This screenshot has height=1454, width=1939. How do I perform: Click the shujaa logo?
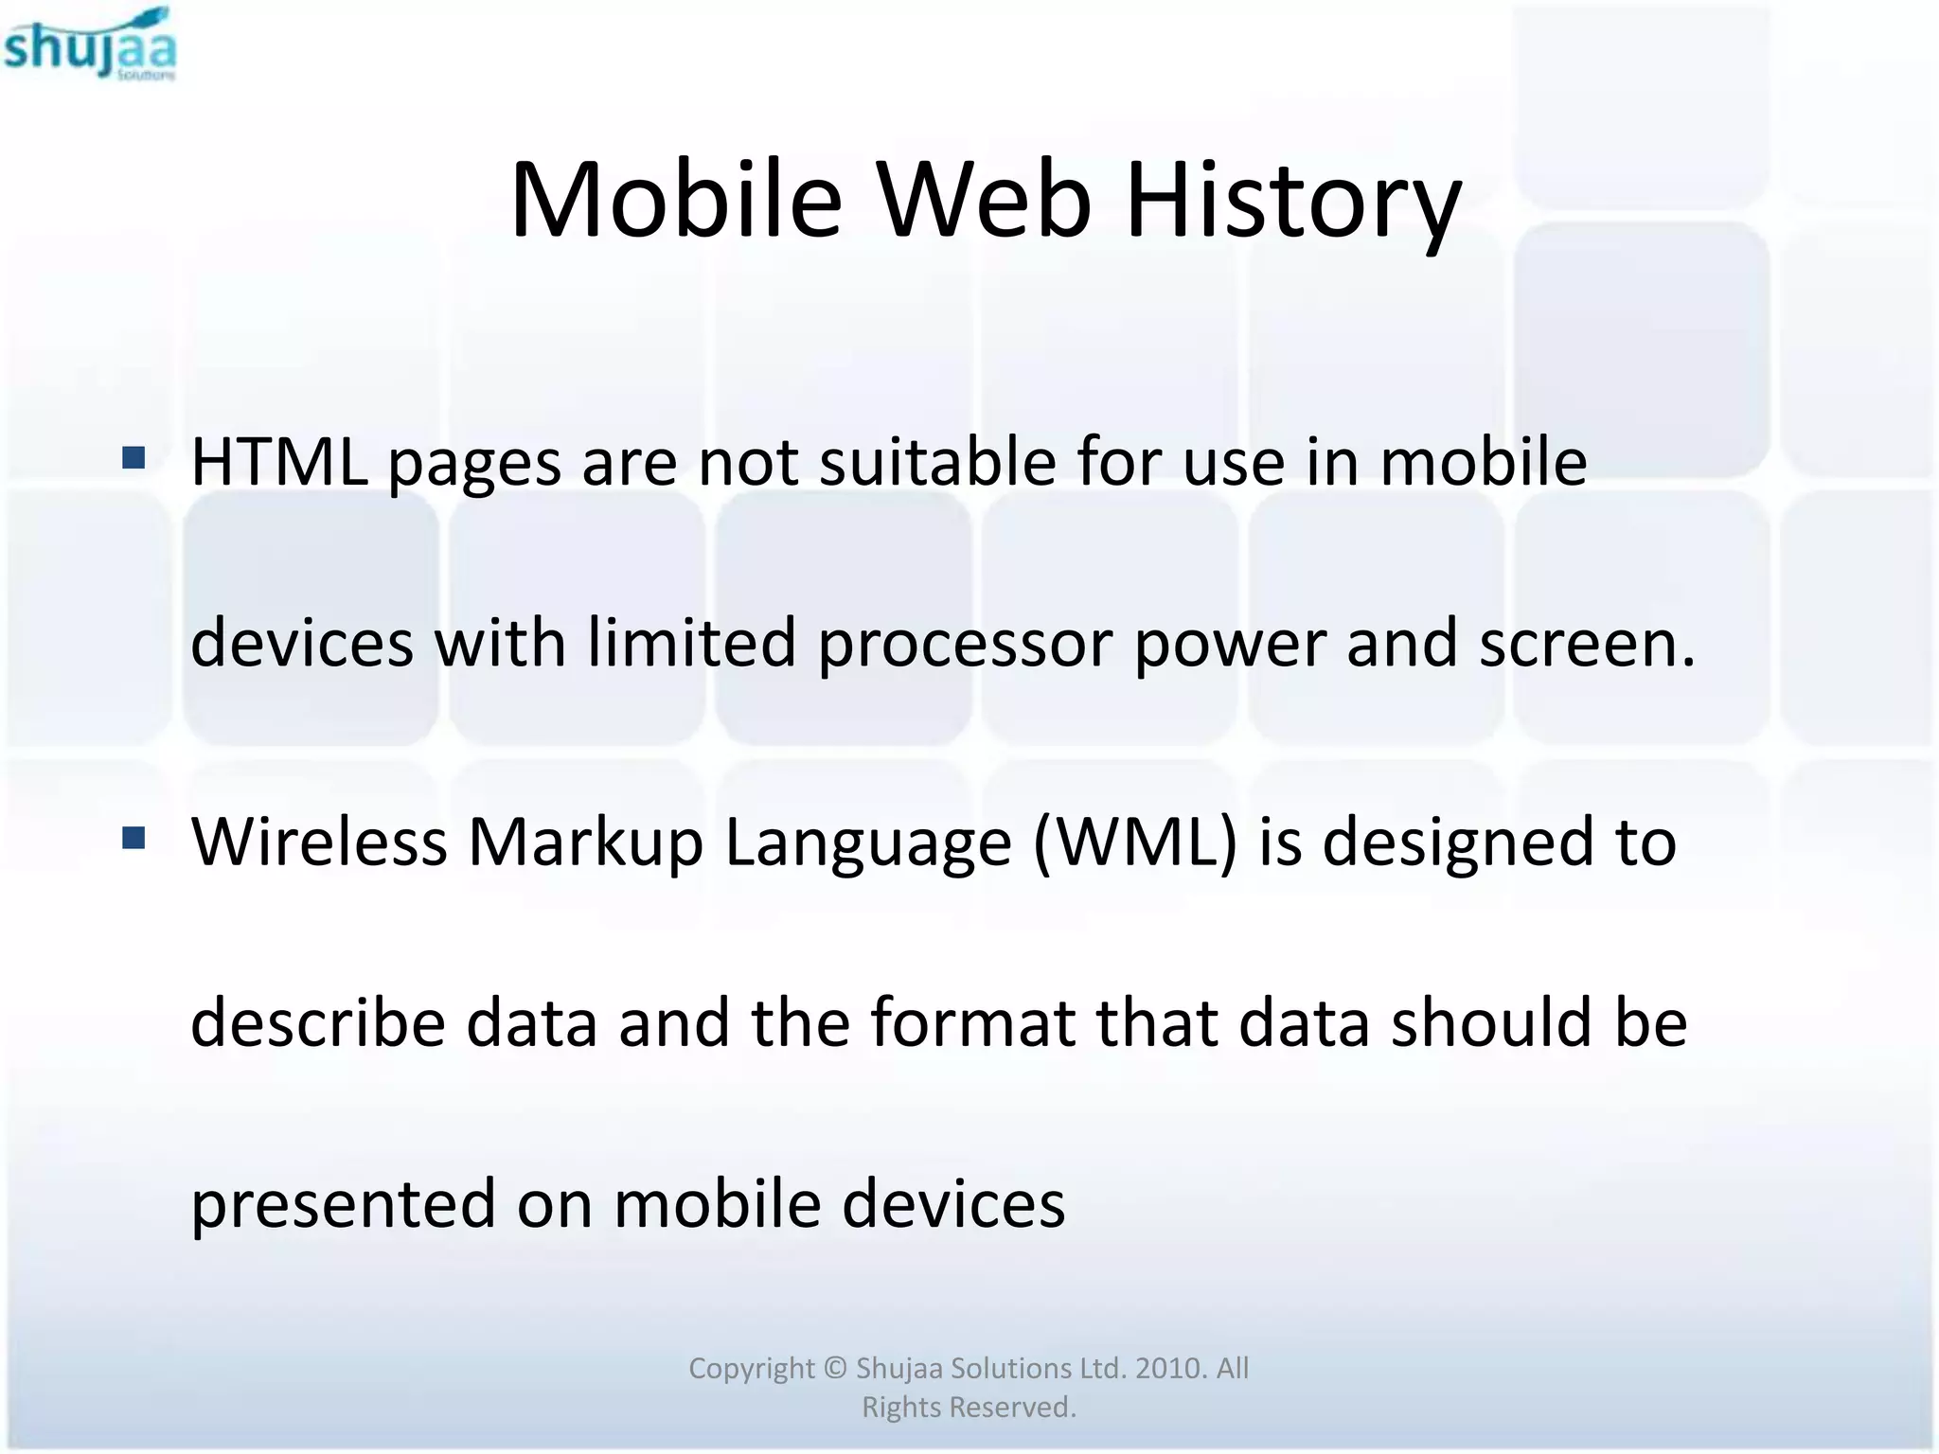click(x=90, y=45)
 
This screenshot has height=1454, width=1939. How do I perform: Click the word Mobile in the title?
click(x=675, y=201)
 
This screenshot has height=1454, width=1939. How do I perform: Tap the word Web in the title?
click(x=984, y=201)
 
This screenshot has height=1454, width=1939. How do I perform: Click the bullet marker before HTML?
click(x=133, y=459)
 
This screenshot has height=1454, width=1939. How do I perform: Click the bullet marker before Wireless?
click(x=133, y=838)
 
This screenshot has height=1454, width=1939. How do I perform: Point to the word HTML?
click(x=279, y=462)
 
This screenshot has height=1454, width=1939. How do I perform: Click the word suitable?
click(x=937, y=462)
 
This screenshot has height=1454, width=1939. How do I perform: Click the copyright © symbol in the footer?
click(x=835, y=1368)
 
